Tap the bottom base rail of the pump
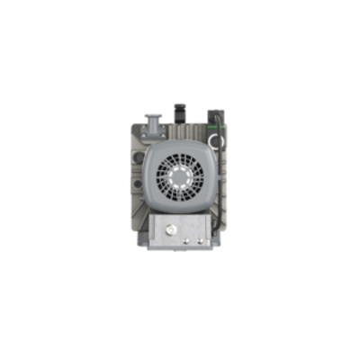pyautogui.click(x=180, y=250)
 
